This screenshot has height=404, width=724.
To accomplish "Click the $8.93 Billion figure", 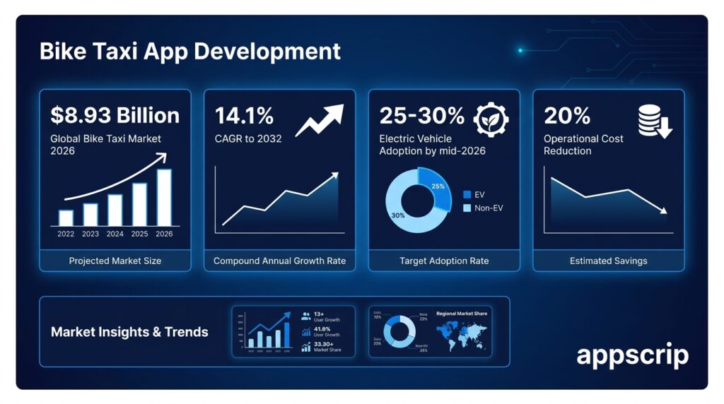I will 115,115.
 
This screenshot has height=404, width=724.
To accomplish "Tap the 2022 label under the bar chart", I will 66,234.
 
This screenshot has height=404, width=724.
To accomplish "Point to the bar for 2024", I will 115,210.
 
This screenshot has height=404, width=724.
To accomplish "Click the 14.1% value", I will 244,115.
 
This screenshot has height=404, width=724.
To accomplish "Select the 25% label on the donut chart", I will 438,186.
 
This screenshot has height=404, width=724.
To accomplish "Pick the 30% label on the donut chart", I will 398,215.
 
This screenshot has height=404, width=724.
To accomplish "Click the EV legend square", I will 467,194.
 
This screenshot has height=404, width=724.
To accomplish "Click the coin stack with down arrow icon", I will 654,121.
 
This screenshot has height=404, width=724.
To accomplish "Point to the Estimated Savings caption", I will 608,261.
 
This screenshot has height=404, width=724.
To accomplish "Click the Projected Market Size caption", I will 115,261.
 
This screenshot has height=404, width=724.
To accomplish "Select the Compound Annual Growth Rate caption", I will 279,261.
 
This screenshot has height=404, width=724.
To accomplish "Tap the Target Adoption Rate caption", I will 444,261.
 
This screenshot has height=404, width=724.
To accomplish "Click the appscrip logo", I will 632,355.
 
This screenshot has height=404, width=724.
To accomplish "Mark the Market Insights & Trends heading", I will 129,331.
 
